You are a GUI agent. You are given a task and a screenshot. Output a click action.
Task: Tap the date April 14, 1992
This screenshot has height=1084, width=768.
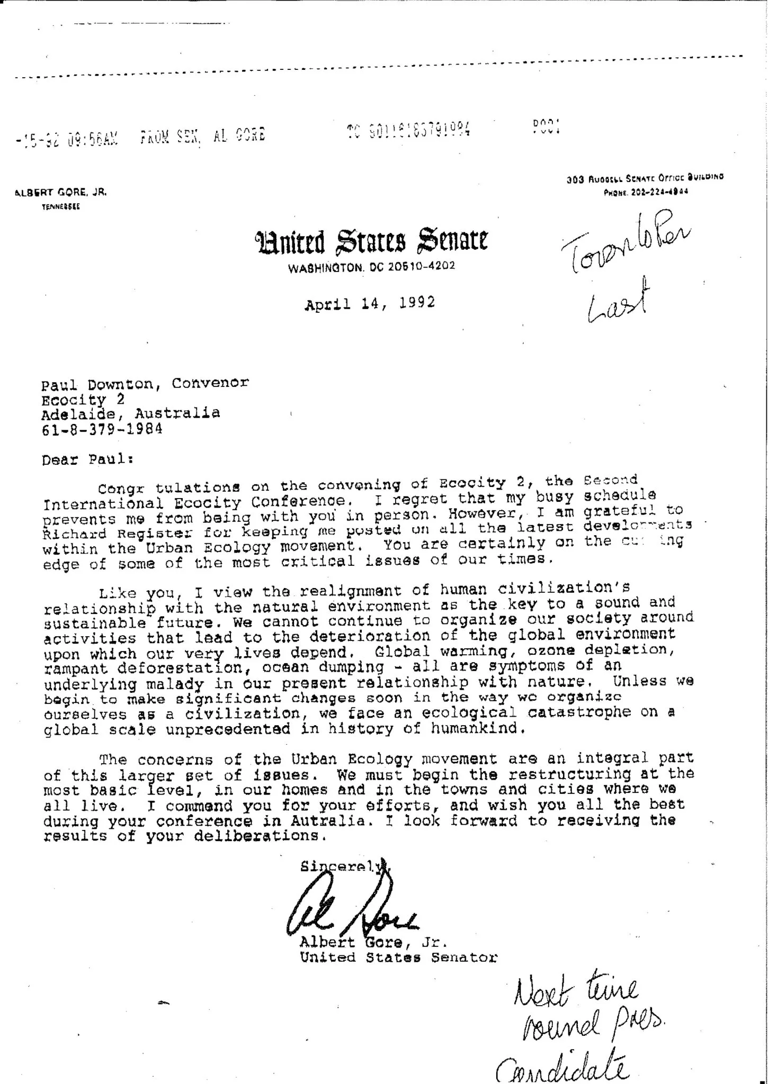(x=370, y=303)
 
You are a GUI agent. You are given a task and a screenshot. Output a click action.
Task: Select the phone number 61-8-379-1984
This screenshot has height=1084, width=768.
(x=102, y=428)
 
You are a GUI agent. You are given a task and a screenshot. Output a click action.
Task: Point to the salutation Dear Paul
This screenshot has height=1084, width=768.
(x=87, y=459)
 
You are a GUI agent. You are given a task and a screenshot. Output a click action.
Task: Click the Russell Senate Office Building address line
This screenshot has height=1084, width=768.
(x=644, y=179)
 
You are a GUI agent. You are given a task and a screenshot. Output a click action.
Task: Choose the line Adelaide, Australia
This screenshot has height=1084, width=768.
(x=131, y=413)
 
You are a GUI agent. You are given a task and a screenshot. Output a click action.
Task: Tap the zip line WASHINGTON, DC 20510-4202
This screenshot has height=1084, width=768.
(x=371, y=267)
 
